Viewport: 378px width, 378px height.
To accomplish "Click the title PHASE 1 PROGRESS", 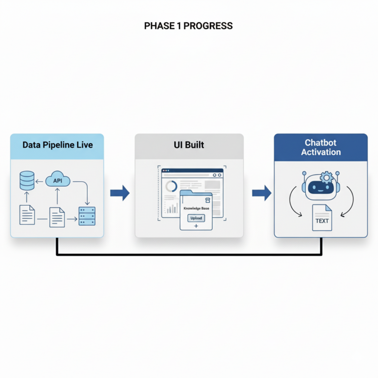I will [x=189, y=26].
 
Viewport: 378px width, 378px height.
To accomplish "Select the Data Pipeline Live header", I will [x=58, y=145].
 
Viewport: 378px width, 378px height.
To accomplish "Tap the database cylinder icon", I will [x=27, y=180].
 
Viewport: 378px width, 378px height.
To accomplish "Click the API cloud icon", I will [x=58, y=181].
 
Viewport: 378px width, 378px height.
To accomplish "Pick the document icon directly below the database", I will [x=27, y=215].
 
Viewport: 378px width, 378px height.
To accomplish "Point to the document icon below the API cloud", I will [x=57, y=217].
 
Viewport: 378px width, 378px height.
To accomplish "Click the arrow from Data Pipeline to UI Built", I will [x=120, y=192].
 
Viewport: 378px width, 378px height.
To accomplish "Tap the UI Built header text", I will [x=189, y=145].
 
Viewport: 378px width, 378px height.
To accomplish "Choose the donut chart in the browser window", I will [x=171, y=187].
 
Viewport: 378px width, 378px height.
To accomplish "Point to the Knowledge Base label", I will [x=196, y=208].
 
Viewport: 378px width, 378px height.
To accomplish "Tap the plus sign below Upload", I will [x=196, y=225].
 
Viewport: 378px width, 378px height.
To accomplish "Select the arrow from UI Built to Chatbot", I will [x=261, y=192].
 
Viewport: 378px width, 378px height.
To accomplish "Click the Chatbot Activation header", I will [x=321, y=147].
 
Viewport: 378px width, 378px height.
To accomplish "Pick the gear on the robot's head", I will [x=327, y=177].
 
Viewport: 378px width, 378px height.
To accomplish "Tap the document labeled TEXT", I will [x=322, y=218].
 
